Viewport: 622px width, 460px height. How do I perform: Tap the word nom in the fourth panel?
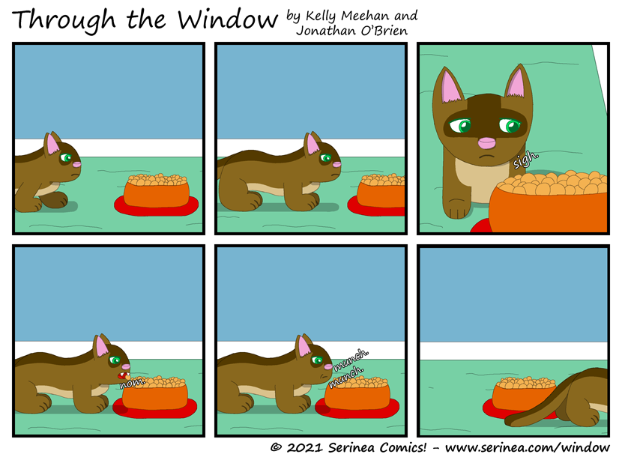click(x=130, y=383)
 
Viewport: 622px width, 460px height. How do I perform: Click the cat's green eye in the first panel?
click(x=67, y=159)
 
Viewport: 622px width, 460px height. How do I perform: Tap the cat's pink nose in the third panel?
click(x=487, y=142)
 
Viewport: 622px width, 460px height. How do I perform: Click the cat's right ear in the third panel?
click(x=517, y=85)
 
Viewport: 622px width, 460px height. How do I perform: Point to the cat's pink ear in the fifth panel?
click(x=304, y=346)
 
